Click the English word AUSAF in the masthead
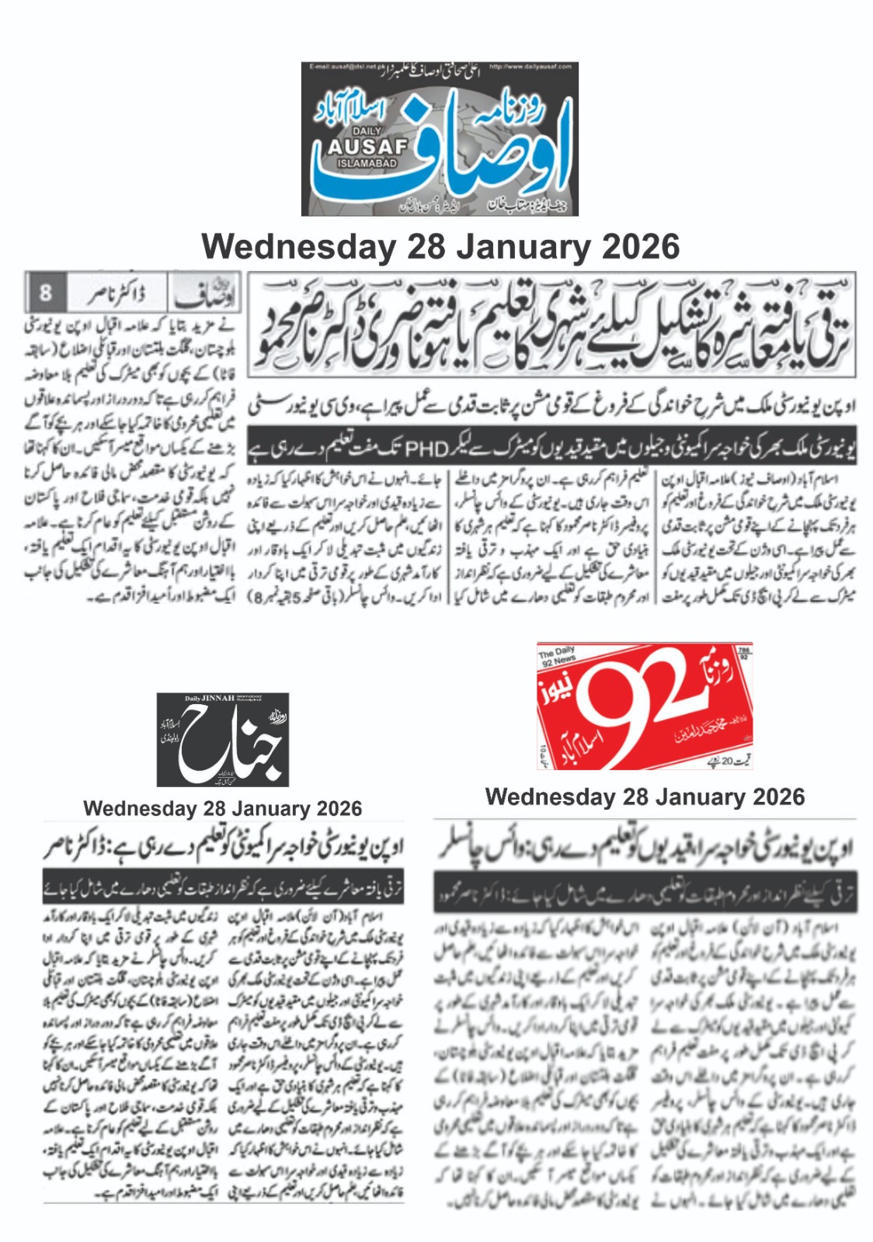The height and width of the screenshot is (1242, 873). click(367, 146)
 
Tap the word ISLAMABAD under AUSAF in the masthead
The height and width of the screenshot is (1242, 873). click(367, 163)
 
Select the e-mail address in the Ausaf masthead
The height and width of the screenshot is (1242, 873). click(343, 68)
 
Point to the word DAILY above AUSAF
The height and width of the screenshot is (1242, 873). click(367, 131)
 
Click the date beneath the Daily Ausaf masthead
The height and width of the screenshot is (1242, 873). click(440, 247)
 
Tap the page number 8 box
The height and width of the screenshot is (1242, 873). click(45, 293)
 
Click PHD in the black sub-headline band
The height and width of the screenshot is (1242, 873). click(427, 448)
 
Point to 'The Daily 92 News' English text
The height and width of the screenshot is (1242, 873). click(558, 657)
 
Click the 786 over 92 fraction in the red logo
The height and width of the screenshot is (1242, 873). click(743, 653)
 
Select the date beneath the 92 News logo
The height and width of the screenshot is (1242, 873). click(645, 797)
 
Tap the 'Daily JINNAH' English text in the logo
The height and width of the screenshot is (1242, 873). click(209, 698)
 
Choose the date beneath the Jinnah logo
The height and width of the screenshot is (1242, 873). click(222, 809)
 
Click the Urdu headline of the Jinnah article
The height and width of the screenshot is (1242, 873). click(224, 849)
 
